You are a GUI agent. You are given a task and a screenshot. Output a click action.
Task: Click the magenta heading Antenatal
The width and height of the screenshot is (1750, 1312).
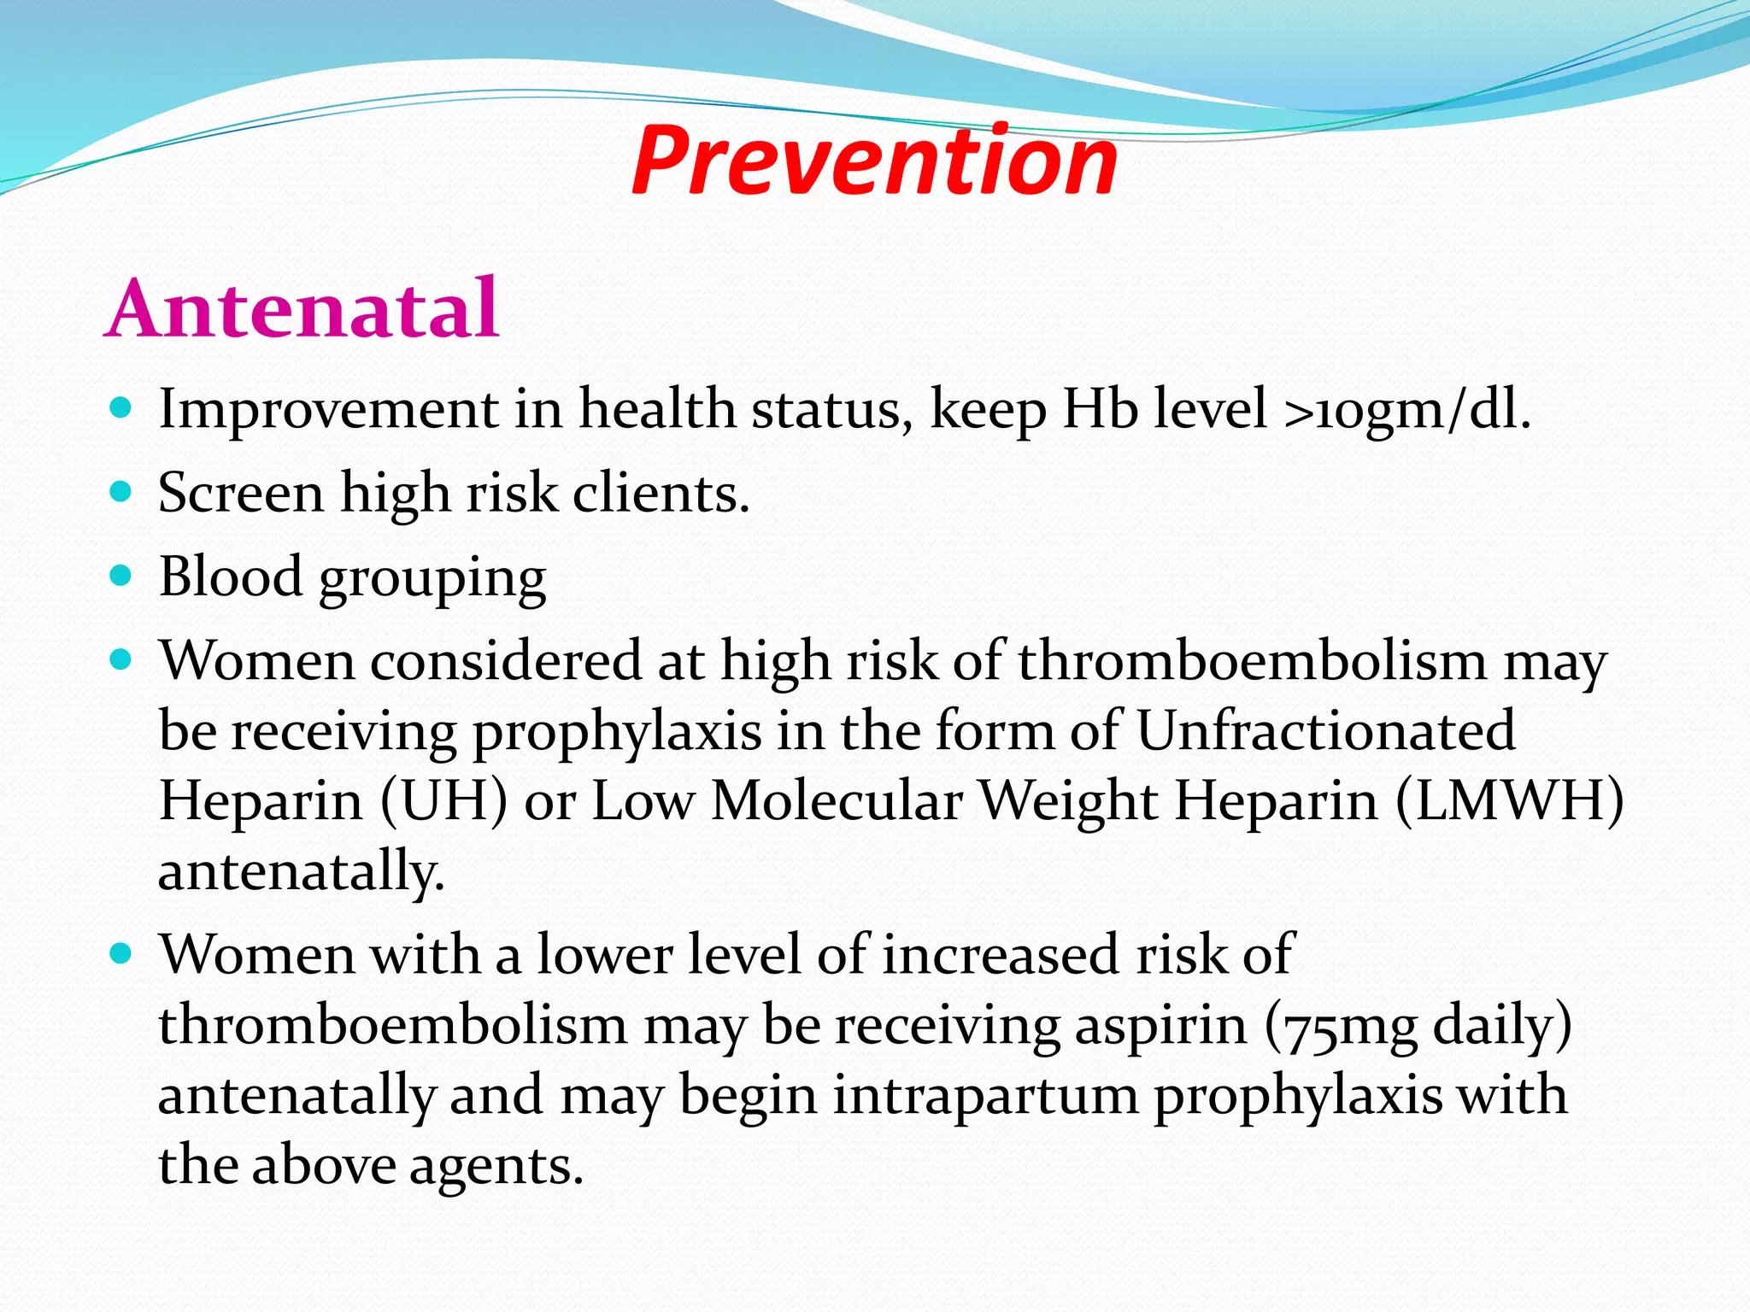pos(302,308)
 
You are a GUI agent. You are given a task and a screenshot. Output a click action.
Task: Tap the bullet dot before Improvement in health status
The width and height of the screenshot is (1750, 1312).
pos(121,407)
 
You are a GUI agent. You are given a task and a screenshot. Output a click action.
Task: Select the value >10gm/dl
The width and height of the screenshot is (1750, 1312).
pos(1406,409)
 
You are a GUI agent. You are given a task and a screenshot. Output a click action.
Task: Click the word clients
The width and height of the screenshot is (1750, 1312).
pos(661,493)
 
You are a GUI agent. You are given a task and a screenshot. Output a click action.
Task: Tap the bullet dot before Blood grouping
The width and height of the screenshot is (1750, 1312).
pos(121,576)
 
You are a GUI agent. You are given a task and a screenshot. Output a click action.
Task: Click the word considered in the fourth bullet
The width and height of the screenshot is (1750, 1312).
pos(505,660)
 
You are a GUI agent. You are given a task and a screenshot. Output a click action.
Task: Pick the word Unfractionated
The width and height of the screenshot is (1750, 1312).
pos(1325,730)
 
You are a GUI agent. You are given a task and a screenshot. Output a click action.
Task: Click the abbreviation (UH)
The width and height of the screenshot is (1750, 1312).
pos(444,801)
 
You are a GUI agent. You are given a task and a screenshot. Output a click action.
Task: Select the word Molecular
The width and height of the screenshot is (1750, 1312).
pos(837,801)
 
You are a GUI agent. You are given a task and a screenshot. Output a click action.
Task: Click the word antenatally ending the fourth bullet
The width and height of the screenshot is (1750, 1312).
pos(301,872)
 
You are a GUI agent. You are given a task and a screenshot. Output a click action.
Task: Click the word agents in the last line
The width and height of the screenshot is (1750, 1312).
pos(496,1166)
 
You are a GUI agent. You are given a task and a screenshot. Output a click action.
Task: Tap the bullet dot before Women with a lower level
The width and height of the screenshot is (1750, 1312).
pos(121,953)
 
